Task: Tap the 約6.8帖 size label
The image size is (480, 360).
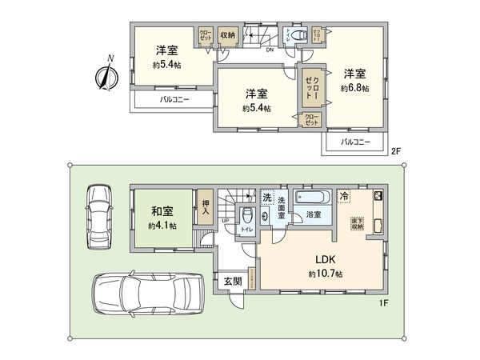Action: [x=354, y=89]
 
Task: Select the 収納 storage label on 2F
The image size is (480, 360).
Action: [x=226, y=35]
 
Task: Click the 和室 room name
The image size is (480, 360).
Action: [x=163, y=212]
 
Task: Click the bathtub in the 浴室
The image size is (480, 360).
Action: [x=313, y=198]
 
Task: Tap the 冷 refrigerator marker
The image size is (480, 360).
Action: [x=343, y=194]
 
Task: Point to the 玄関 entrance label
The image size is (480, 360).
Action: [x=233, y=282]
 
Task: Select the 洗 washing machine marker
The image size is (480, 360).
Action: [x=266, y=197]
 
